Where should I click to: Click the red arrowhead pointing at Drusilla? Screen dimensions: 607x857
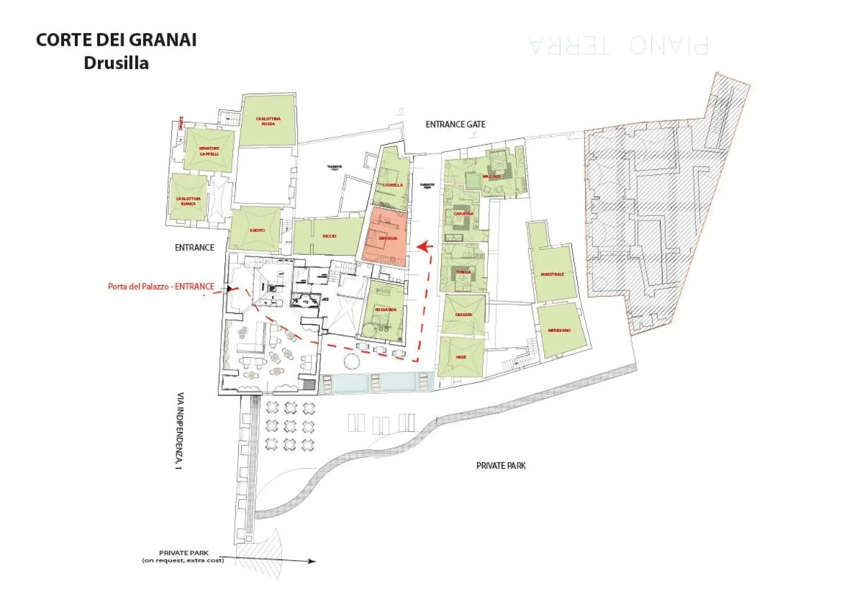[424, 246]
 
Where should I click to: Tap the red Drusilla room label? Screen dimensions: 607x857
[387, 238]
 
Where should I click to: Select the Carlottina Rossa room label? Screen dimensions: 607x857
[268, 121]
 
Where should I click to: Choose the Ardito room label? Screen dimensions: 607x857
[257, 230]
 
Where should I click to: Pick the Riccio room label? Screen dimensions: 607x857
[330, 235]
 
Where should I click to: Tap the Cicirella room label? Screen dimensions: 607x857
[393, 184]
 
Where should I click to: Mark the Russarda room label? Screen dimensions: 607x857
[385, 310]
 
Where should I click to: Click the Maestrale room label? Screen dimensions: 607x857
[552, 274]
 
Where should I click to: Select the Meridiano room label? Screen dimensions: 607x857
[558, 330]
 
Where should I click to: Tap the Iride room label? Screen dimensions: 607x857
[461, 356]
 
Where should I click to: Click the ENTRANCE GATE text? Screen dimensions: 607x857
[455, 125]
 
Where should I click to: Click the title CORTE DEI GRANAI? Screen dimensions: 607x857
[116, 40]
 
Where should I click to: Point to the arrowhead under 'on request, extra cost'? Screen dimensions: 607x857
[312, 561]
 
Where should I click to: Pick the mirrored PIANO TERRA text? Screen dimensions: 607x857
[618, 45]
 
